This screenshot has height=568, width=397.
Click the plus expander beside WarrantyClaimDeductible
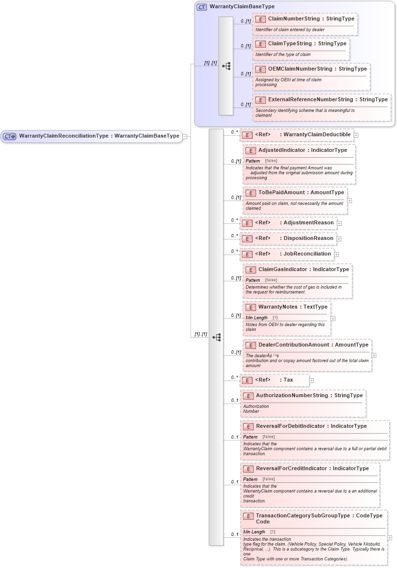356,135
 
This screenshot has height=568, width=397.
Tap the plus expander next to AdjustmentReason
340,223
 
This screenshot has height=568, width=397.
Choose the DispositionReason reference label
309,238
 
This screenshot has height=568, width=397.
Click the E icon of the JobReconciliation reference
247,254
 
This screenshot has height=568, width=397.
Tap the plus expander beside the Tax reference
312,380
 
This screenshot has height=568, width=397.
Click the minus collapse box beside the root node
185,136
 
